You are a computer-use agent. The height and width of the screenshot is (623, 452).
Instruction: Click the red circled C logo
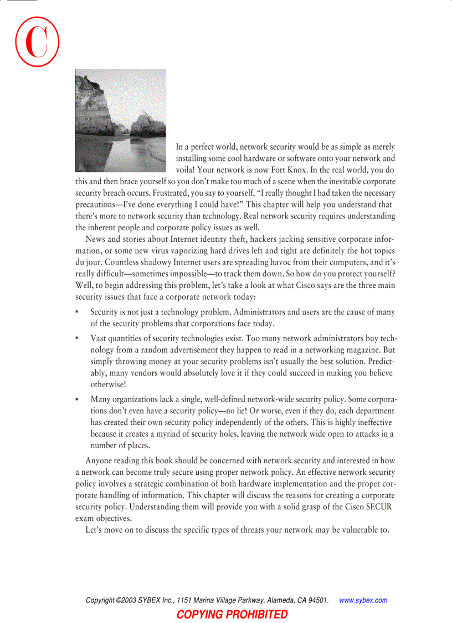pyautogui.click(x=37, y=43)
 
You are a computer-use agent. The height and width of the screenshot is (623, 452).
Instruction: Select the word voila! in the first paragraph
pyautogui.click(x=187, y=170)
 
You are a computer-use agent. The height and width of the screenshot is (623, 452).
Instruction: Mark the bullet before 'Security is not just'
pyautogui.click(x=77, y=313)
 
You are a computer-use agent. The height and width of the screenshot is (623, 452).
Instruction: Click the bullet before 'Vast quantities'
pyautogui.click(x=77, y=338)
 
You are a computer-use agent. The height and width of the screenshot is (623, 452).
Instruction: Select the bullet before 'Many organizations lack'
pyautogui.click(x=77, y=399)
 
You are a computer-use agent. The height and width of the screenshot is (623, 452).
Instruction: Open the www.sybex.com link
pyautogui.click(x=363, y=600)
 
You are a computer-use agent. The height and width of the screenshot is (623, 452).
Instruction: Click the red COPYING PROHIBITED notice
pyautogui.click(x=232, y=614)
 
